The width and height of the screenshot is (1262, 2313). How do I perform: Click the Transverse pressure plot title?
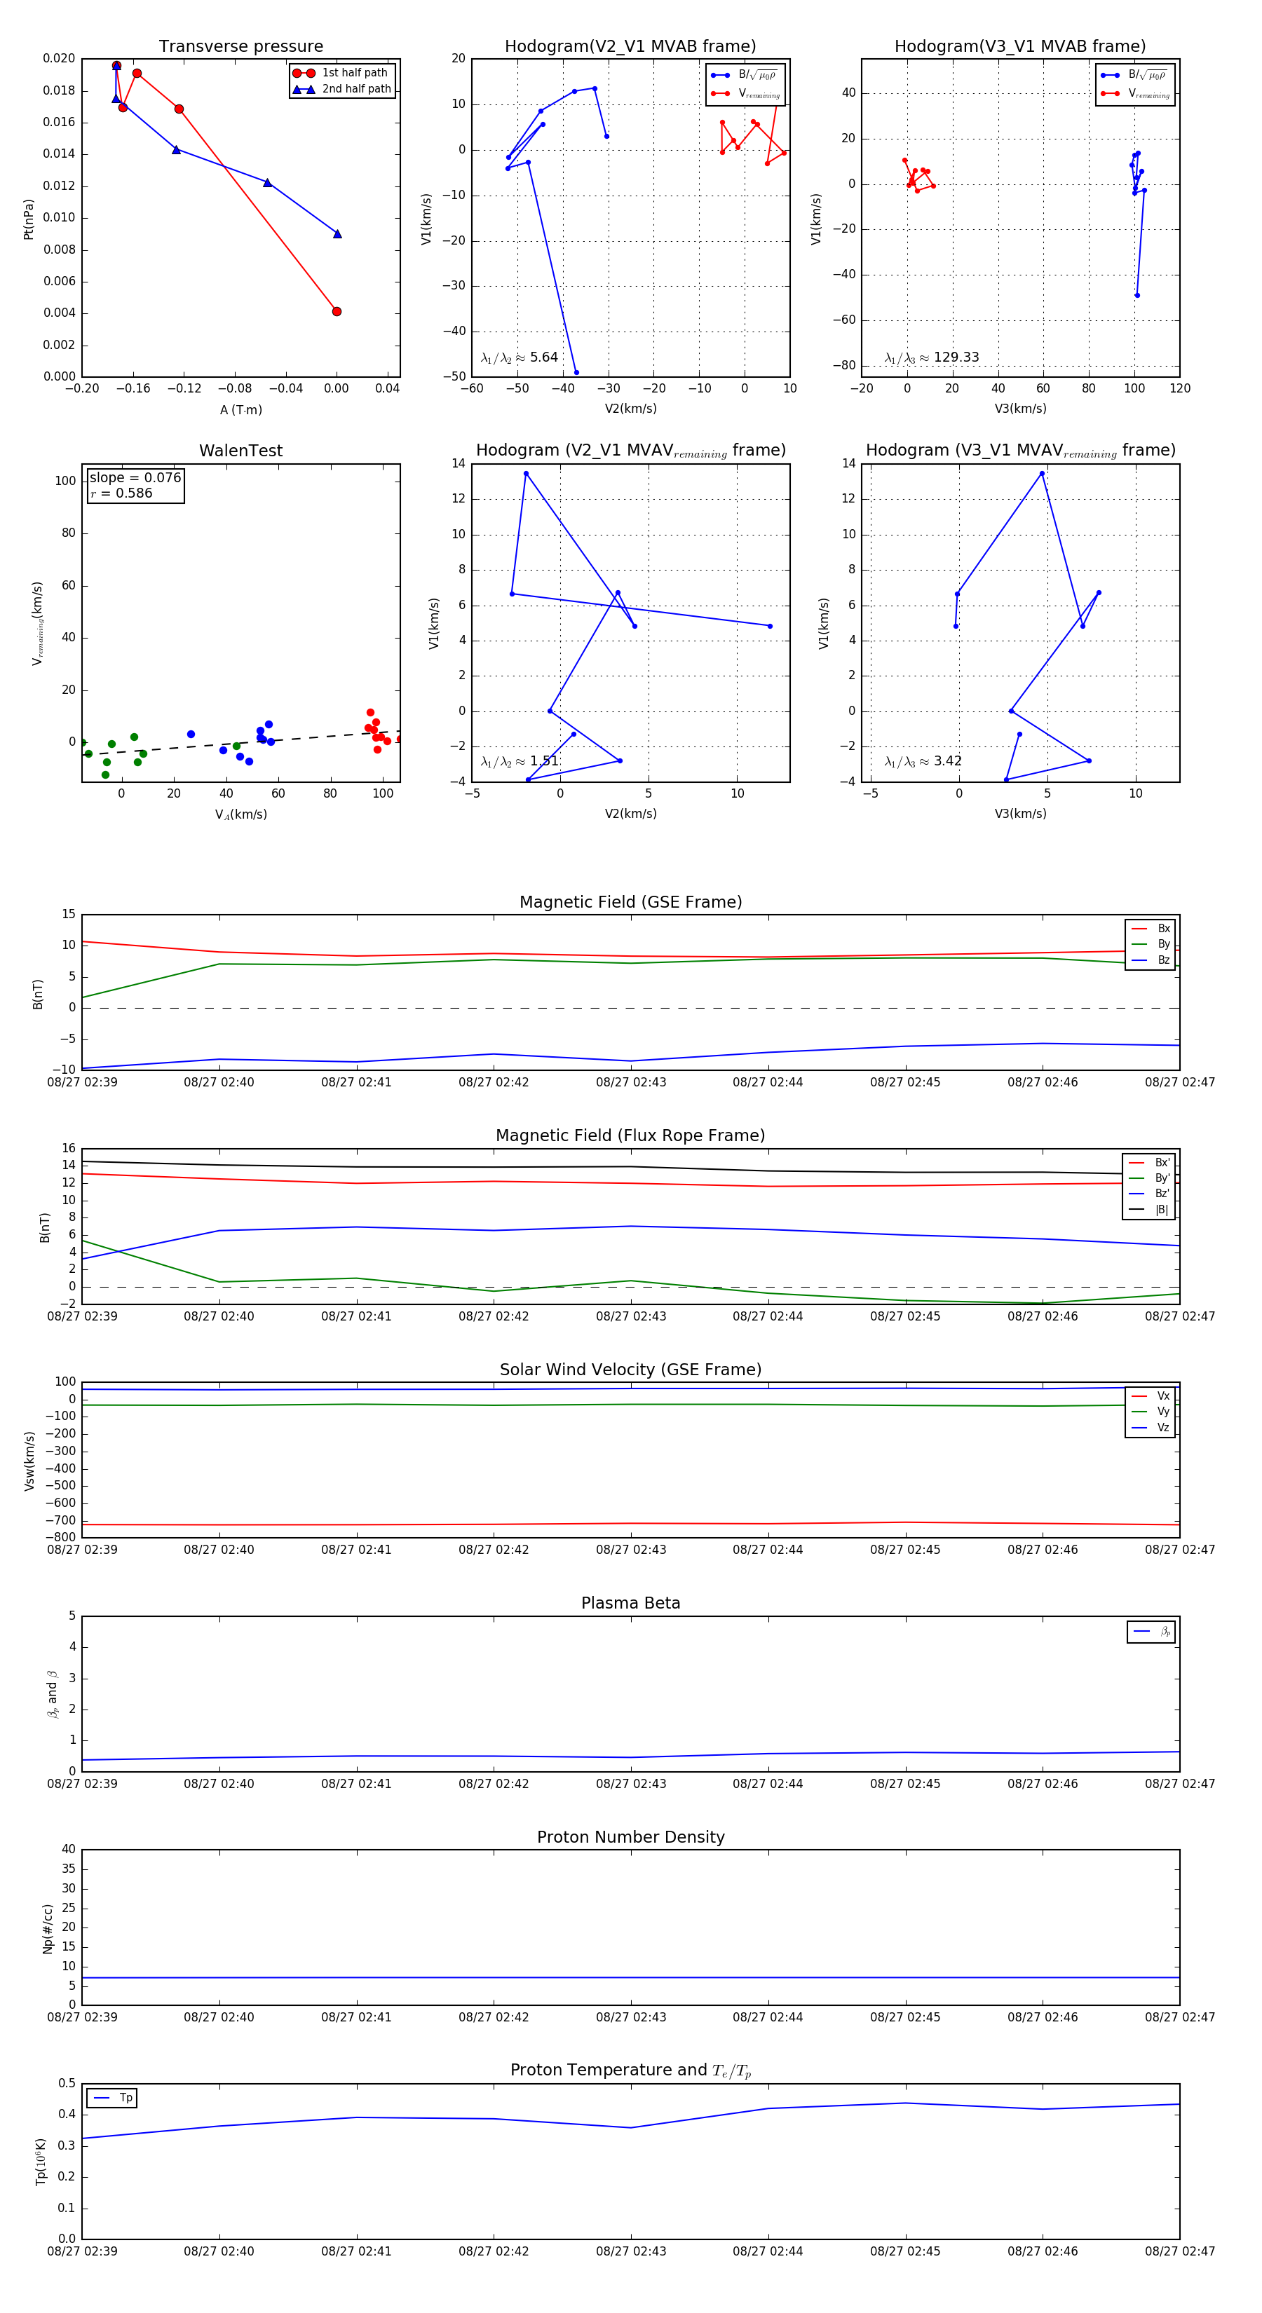pyautogui.click(x=240, y=47)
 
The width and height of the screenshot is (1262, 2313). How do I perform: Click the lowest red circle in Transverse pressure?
pyautogui.click(x=337, y=312)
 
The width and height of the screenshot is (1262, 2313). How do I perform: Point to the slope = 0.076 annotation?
pyautogui.click(x=135, y=478)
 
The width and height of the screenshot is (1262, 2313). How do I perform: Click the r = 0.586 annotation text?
pyautogui.click(x=121, y=493)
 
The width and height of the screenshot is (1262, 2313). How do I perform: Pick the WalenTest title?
pyautogui.click(x=240, y=451)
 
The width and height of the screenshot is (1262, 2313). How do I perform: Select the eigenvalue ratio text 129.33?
pyautogui.click(x=956, y=357)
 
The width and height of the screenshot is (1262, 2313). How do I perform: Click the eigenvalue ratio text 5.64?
pyautogui.click(x=543, y=357)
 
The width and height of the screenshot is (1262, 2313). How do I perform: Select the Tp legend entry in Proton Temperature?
pyautogui.click(x=125, y=2098)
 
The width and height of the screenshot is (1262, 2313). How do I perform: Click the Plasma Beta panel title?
pyautogui.click(x=630, y=1603)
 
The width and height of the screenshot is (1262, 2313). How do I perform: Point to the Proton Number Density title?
pyautogui.click(x=630, y=1836)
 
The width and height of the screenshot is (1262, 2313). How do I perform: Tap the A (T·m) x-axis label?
pyautogui.click(x=240, y=409)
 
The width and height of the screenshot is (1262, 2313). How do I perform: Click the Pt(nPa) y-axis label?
pyautogui.click(x=29, y=219)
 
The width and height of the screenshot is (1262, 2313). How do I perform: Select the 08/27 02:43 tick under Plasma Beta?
pyautogui.click(x=630, y=1783)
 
